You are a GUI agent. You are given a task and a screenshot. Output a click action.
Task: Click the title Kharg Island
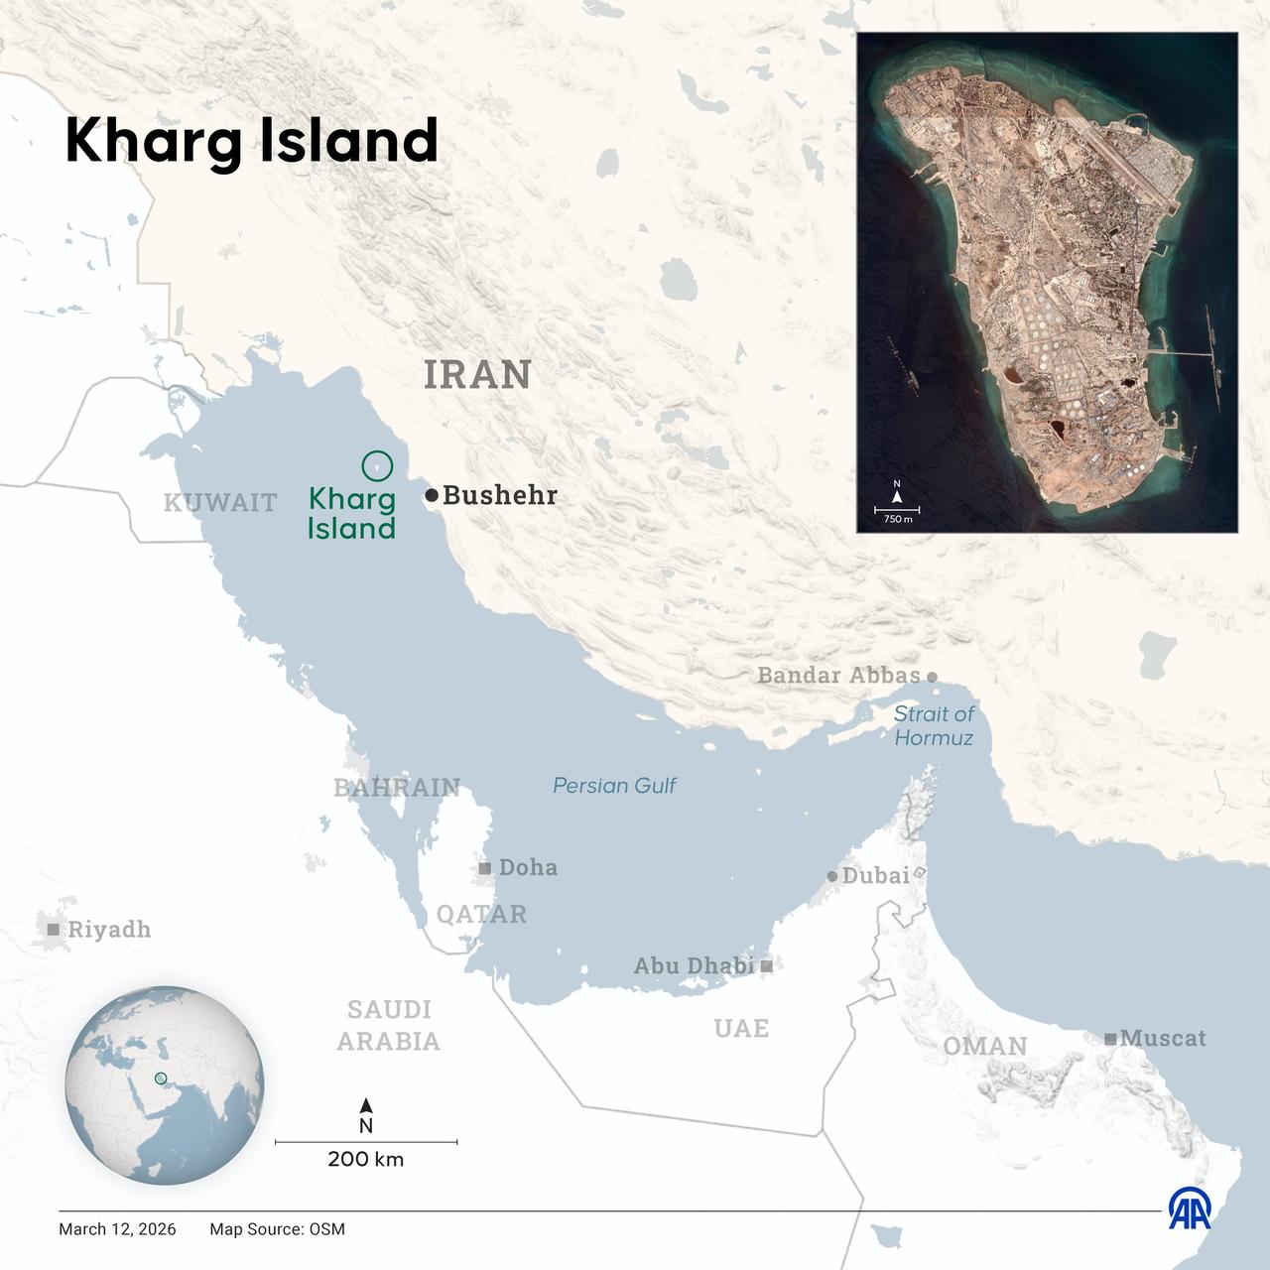pyautogui.click(x=251, y=141)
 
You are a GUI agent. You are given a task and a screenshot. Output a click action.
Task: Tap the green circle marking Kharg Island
pyautogui.click(x=378, y=464)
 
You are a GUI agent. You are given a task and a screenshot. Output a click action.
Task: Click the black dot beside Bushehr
pyautogui.click(x=432, y=495)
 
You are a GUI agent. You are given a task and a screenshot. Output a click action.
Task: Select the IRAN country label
pyautogui.click(x=477, y=375)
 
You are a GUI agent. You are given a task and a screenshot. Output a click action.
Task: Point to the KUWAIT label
pyautogui.click(x=220, y=502)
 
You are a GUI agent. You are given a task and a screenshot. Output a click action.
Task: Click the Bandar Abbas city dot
pyautogui.click(x=932, y=677)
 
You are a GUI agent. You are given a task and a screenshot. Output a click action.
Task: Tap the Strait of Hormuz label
pyautogui.click(x=934, y=725)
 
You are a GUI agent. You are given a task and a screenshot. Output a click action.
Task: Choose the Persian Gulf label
pyautogui.click(x=614, y=786)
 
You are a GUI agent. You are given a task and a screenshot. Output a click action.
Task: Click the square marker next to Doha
pyautogui.click(x=485, y=868)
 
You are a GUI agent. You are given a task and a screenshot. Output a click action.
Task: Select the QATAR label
pyautogui.click(x=482, y=914)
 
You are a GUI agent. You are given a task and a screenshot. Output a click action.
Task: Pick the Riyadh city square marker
pyautogui.click(x=54, y=930)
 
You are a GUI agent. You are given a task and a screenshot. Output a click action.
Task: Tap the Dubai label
pyautogui.click(x=875, y=875)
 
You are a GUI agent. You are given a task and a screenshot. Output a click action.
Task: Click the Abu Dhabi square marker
pyautogui.click(x=767, y=964)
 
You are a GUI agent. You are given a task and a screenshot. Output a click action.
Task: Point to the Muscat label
pyautogui.click(x=1163, y=1038)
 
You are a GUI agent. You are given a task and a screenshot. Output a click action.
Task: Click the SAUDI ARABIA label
pyautogui.click(x=389, y=1025)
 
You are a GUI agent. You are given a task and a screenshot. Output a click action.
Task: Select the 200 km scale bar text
pyautogui.click(x=366, y=1159)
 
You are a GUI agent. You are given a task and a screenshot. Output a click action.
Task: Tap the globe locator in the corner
pyautogui.click(x=165, y=1084)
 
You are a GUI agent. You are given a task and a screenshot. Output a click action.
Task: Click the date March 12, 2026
pyautogui.click(x=117, y=1229)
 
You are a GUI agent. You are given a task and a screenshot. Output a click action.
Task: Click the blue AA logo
pyautogui.click(x=1189, y=1208)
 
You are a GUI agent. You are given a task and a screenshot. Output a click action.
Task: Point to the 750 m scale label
pyautogui.click(x=898, y=519)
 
